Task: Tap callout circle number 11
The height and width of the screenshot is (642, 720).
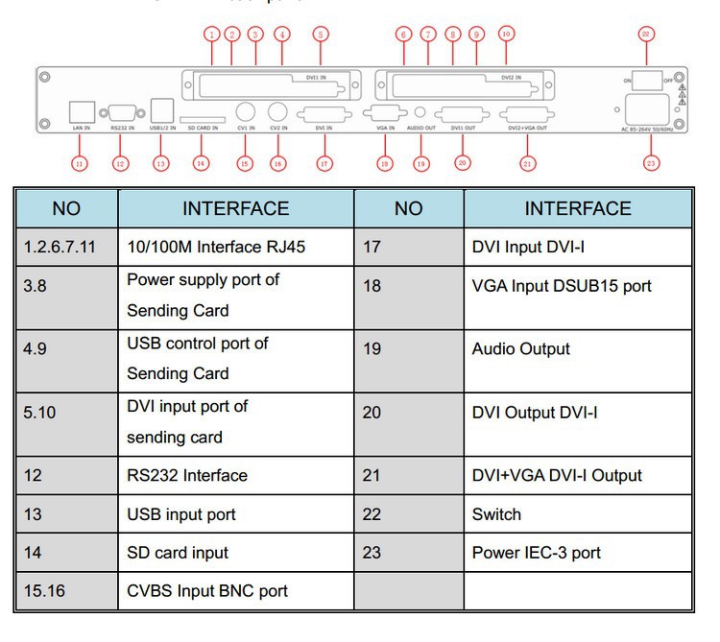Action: [80, 164]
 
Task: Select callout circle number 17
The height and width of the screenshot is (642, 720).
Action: [324, 164]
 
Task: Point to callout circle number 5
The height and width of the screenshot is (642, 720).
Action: [320, 35]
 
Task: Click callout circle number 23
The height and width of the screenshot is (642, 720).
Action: [652, 164]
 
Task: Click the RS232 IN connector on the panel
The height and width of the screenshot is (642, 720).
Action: [122, 110]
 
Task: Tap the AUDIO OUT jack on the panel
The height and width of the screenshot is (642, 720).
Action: [420, 111]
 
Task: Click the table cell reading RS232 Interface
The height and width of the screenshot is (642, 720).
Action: [187, 475]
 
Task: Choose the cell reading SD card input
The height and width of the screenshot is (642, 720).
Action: [178, 553]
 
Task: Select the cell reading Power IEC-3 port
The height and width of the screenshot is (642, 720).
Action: [536, 553]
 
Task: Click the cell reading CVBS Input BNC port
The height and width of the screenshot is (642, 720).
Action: [207, 591]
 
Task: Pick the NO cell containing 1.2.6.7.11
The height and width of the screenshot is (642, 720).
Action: [60, 247]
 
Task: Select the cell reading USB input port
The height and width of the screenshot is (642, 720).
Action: [181, 514]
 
